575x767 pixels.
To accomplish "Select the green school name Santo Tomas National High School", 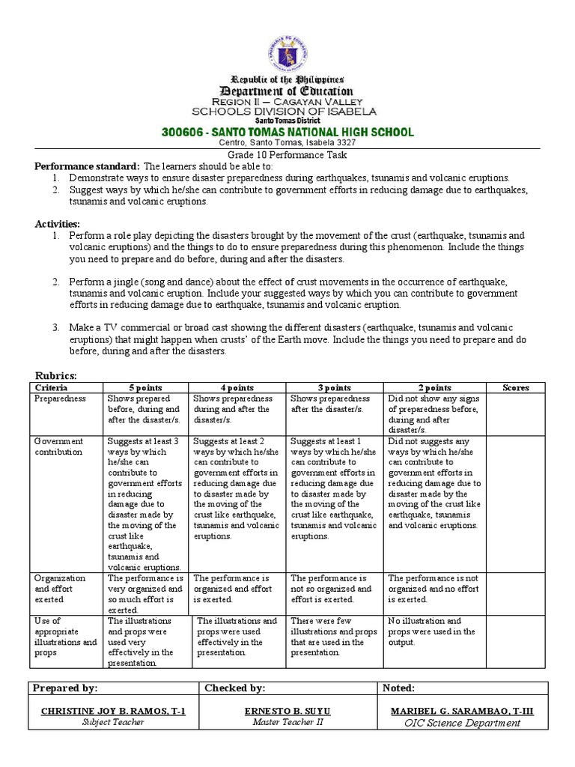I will [287, 132].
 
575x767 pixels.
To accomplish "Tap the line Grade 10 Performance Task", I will [287, 155].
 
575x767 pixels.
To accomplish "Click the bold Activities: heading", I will [58, 224].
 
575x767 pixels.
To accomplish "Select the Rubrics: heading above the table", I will [57, 375].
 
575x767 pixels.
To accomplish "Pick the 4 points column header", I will [237, 387].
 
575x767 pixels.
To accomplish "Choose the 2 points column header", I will [434, 387].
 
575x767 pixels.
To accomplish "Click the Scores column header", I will [516, 387].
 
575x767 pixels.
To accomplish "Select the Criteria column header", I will [52, 387].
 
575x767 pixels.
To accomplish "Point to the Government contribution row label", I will [59, 446].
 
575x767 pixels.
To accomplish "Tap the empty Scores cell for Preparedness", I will [516, 414].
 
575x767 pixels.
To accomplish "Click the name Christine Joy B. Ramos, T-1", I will [112, 710].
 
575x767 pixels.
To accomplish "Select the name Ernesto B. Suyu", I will [287, 710].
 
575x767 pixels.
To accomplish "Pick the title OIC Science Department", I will [462, 723].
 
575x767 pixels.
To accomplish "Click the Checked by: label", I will [235, 688].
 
